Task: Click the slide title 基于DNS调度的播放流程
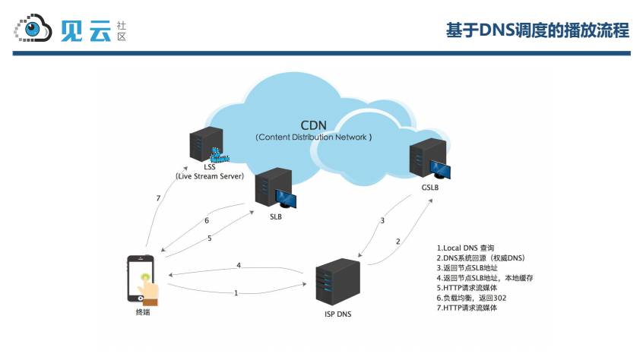(x=537, y=30)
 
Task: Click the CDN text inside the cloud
(x=314, y=125)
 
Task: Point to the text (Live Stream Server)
(x=209, y=176)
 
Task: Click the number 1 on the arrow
(x=236, y=292)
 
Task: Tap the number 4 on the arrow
(x=239, y=266)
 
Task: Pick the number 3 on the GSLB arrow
(x=382, y=221)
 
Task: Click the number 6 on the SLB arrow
(x=206, y=221)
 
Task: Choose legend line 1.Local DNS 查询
(x=465, y=248)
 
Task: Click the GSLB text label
(x=430, y=187)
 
